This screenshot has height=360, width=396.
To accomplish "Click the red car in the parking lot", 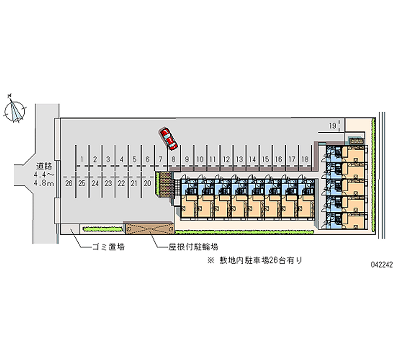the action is pyautogui.click(x=168, y=139).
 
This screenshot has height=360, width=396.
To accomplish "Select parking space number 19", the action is pyautogui.click(x=333, y=126).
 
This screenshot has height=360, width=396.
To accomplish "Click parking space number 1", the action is pyautogui.click(x=82, y=159).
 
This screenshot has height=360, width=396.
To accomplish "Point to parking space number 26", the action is pyautogui.click(x=69, y=183).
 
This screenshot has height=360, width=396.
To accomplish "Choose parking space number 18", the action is pyautogui.click(x=305, y=159).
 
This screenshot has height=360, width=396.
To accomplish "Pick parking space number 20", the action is pyautogui.click(x=148, y=183).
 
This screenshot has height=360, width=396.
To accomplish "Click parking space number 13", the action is pyautogui.click(x=239, y=159).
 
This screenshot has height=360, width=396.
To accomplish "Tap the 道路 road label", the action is pyautogui.click(x=44, y=166).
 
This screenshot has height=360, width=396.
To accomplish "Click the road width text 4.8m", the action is pyautogui.click(x=44, y=183).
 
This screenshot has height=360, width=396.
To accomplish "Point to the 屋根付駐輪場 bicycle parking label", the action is pyautogui.click(x=193, y=247).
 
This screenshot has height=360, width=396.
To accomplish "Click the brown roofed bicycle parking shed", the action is pyautogui.click(x=150, y=228).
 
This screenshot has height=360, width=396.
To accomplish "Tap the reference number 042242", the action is pyautogui.click(x=382, y=264).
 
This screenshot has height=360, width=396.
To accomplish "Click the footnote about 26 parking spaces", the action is pyautogui.click(x=254, y=260).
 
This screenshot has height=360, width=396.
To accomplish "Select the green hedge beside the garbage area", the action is pyautogui.click(x=102, y=229).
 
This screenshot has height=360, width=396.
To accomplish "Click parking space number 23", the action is pyautogui.click(x=108, y=183).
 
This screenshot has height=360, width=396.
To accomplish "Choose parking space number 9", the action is pyautogui.click(x=187, y=159).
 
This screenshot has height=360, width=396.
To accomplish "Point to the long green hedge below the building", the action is pyautogui.click(x=244, y=232).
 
